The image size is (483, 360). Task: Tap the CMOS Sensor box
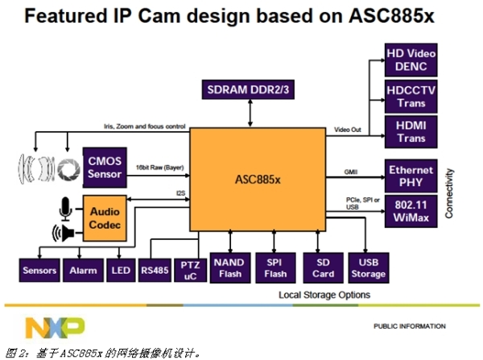coord(104,168)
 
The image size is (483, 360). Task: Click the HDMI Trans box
coord(411,133)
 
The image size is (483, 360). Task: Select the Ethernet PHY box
coord(411,176)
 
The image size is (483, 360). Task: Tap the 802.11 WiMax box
coord(411,212)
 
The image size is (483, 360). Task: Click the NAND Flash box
coord(232,266)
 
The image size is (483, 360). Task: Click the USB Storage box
coord(369,266)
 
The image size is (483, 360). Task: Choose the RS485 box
coord(155,271)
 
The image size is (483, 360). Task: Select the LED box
coord(119,271)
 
